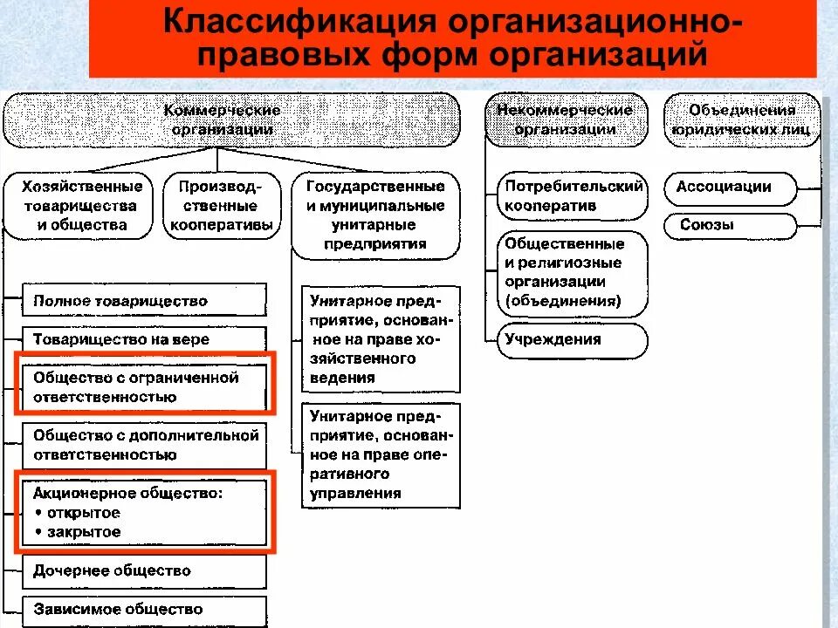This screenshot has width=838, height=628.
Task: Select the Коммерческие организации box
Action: click(223, 119)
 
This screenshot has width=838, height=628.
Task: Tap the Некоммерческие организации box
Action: click(565, 119)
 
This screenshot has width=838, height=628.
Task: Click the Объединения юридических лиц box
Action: click(742, 119)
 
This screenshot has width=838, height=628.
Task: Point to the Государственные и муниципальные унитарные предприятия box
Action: click(375, 215)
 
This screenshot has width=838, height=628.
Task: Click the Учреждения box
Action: click(574, 340)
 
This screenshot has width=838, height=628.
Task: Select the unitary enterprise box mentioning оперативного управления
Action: click(381, 454)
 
